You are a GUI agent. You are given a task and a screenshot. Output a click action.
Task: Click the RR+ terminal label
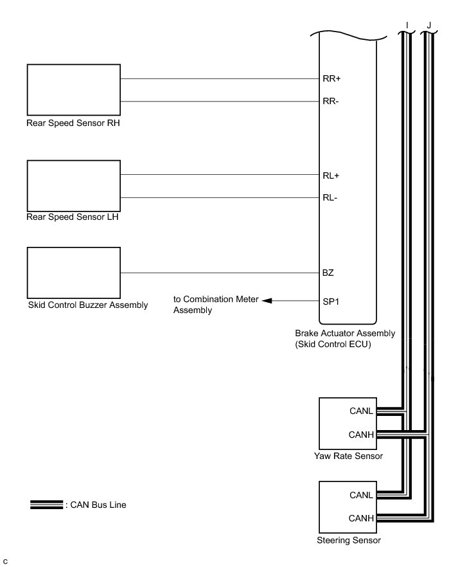point(331,79)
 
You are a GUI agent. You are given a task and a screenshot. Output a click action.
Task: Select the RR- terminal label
point(330,102)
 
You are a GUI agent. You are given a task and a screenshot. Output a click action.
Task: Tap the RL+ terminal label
point(330,175)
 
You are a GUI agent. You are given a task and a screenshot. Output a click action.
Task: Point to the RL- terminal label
point(330,198)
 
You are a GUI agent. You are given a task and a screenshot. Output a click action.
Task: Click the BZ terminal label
point(328,273)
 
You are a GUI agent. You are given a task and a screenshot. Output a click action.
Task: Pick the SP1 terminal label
point(330,300)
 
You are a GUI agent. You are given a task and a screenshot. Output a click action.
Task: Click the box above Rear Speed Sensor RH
point(73,89)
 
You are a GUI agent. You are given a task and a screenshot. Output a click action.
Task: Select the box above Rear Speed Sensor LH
point(73,185)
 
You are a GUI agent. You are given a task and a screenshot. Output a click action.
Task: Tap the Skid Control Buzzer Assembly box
point(73,271)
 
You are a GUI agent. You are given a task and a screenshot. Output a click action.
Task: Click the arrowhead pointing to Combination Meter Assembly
point(267,300)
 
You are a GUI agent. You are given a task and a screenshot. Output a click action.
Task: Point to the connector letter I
point(407,26)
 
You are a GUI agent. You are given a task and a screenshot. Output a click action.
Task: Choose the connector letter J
point(428,26)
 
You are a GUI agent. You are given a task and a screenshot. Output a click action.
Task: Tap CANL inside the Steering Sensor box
point(361,495)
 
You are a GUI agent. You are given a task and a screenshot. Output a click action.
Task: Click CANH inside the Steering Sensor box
point(361,518)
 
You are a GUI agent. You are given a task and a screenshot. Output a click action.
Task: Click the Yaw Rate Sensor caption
point(349,456)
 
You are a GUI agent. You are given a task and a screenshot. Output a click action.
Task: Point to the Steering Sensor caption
point(349,541)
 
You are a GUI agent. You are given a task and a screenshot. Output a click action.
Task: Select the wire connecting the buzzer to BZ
point(218,273)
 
